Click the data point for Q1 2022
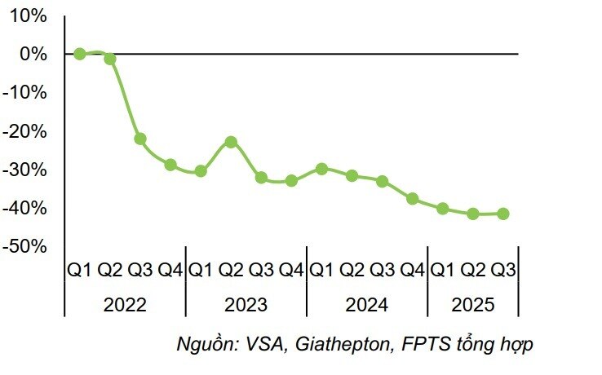pos(80,54)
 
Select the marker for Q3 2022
pos(140,139)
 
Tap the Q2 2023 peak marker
pos(231,142)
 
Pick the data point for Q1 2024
pos(321,169)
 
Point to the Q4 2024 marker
pos(413,199)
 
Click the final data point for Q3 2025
pos(503,214)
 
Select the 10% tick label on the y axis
pos(28,15)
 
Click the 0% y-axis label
pos(33,54)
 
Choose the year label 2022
pos(126,306)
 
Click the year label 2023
pos(246,306)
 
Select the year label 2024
pos(367,306)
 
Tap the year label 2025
pos(473,306)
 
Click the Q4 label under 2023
pos(291,269)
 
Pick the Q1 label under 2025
pos(443,269)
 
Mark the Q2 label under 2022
pos(110,269)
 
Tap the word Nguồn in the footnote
pos(206,345)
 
